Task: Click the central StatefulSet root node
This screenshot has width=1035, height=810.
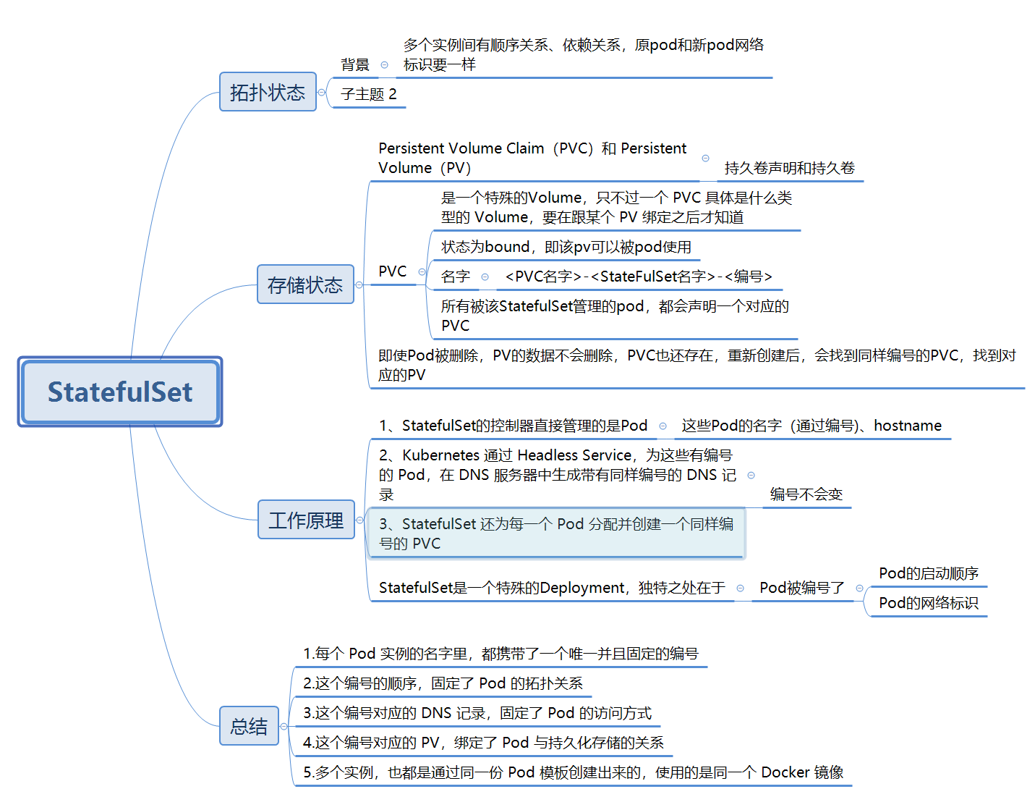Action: click(x=120, y=392)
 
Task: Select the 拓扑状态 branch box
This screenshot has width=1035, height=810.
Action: click(x=268, y=92)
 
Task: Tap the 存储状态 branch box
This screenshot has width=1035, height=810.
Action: click(x=305, y=284)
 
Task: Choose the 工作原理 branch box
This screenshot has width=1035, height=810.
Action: click(x=306, y=520)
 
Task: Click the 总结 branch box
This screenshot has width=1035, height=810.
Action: click(x=249, y=726)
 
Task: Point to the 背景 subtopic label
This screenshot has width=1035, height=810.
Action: click(x=355, y=65)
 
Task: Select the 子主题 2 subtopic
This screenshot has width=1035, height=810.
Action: click(x=369, y=94)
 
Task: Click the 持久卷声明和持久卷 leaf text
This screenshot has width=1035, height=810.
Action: click(x=789, y=168)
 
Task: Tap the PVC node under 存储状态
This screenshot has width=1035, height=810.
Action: click(x=393, y=271)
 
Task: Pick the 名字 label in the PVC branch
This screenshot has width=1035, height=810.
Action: click(x=456, y=277)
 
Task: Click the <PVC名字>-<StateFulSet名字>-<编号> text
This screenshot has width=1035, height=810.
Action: click(x=639, y=277)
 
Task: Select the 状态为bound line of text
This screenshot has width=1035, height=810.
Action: click(x=566, y=247)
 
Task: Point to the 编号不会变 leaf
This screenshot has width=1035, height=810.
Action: click(x=806, y=494)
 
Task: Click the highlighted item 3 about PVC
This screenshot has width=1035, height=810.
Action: click(x=555, y=533)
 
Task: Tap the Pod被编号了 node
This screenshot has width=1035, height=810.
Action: click(x=802, y=588)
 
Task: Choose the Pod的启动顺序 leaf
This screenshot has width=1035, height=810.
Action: click(x=929, y=573)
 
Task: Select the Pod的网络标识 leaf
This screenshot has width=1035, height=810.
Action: click(x=929, y=603)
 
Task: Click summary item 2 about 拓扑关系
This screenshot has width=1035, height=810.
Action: click(x=443, y=683)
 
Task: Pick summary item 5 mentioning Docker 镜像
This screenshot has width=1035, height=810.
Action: click(x=573, y=772)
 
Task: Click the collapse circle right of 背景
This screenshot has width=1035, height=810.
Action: click(x=384, y=65)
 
